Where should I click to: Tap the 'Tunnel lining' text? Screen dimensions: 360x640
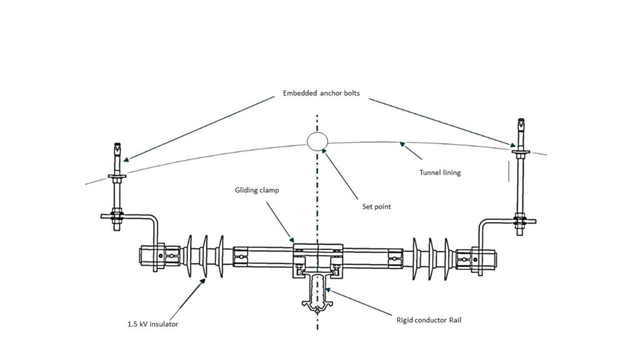click(440, 172)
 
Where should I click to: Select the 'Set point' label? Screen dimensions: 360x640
click(376, 206)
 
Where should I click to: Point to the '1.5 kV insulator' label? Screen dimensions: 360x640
click(152, 324)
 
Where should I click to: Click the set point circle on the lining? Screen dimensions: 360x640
click(317, 141)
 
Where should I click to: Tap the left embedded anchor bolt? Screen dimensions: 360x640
click(116, 187)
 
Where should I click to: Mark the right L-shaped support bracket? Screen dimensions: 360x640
click(494, 222)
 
